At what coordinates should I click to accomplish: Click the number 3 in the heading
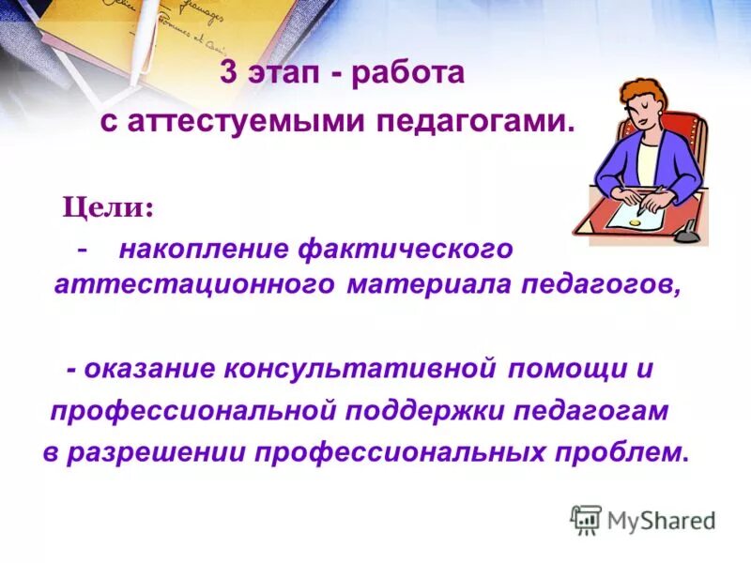228,73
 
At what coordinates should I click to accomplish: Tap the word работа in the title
409,73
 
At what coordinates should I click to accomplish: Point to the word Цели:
109,205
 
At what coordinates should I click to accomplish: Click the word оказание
149,369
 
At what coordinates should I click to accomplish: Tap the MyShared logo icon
586,520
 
